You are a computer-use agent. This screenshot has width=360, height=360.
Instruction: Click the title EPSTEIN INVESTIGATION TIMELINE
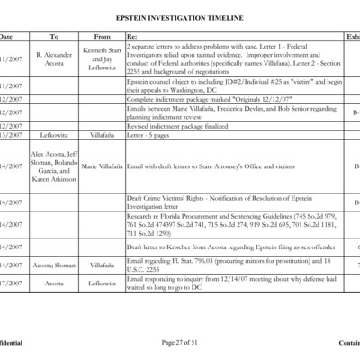180,17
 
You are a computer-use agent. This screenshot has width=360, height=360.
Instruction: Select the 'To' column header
54,36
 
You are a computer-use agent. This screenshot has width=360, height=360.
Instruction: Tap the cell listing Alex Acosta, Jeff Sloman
54,166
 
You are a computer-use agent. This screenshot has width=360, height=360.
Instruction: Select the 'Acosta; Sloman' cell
54,265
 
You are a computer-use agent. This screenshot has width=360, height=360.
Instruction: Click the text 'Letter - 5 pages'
146,135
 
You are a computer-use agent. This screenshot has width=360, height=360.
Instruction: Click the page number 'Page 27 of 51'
180,343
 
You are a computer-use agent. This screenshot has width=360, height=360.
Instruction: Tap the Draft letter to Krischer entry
225,246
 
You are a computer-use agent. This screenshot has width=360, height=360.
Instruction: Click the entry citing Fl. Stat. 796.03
225,265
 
